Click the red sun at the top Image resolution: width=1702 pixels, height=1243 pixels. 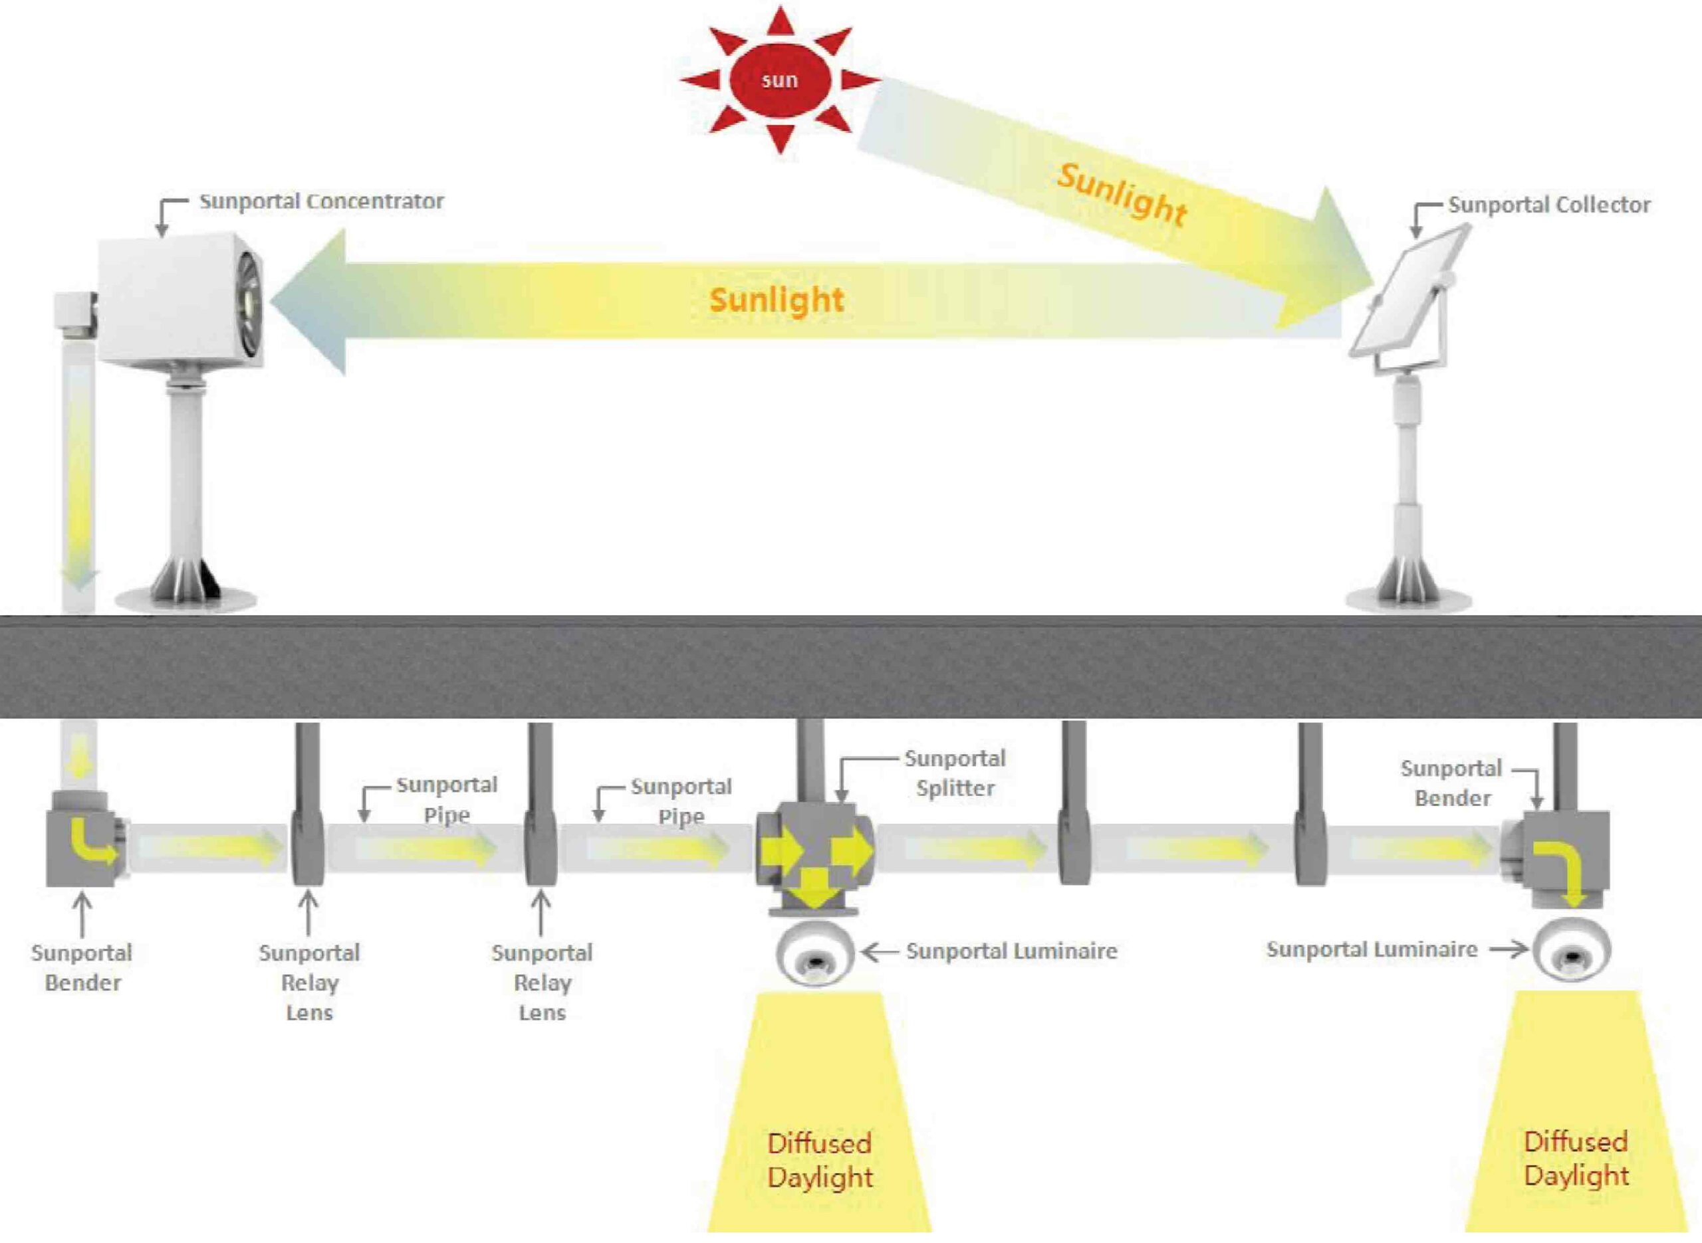point(780,80)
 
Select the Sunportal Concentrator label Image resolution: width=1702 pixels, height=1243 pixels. point(321,202)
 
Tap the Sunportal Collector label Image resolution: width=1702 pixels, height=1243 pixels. point(1548,205)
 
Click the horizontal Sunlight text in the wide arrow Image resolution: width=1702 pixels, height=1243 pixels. point(776,300)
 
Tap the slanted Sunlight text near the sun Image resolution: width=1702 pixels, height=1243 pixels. point(1122,195)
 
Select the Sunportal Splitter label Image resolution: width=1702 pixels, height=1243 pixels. point(955,773)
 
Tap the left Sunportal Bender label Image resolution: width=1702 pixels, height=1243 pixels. point(82,967)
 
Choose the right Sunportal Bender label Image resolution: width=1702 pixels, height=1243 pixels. point(1451,783)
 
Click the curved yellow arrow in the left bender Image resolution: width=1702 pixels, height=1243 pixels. point(92,842)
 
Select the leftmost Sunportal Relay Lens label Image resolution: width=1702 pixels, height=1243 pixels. point(309,982)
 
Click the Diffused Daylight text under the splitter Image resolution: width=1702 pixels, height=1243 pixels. point(819,1159)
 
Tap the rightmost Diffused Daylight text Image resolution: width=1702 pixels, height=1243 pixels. point(1576,1158)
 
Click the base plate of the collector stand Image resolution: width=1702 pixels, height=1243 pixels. point(1407,601)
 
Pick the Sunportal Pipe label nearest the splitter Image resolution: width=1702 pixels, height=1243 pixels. point(681,801)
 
